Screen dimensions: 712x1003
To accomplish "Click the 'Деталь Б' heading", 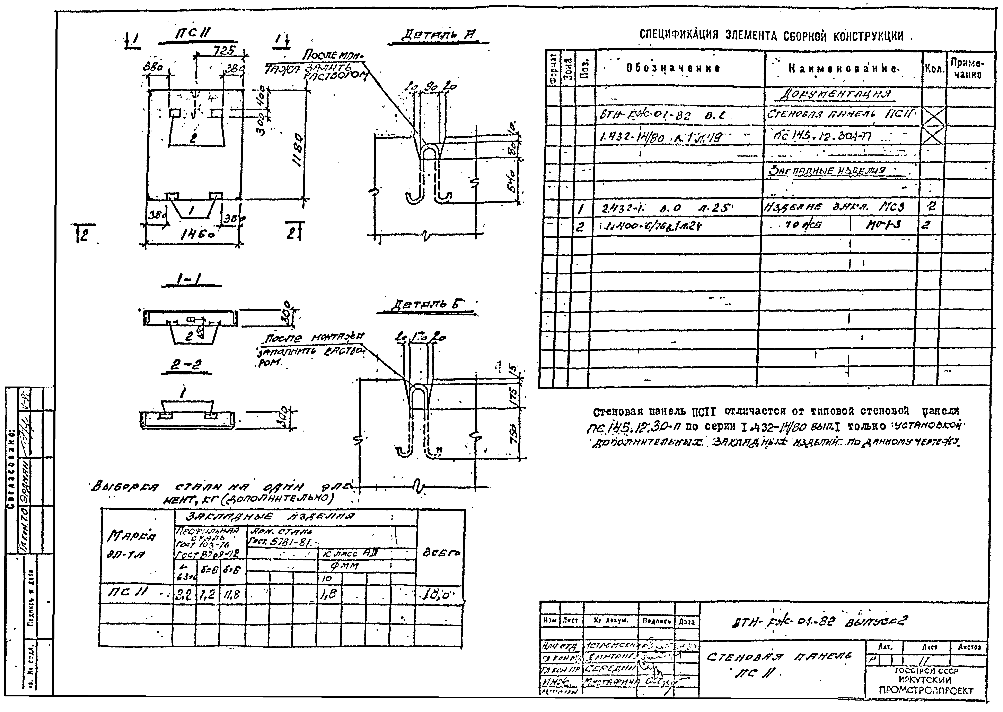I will (x=427, y=305).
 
